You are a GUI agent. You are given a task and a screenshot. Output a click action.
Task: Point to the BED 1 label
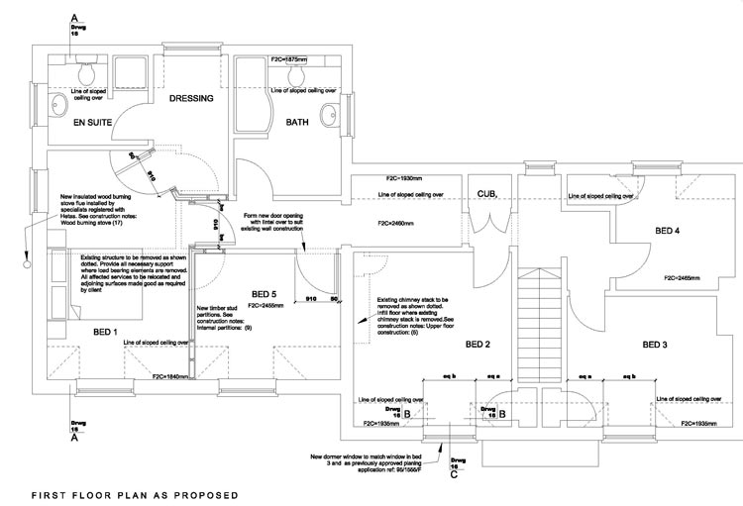coord(106,331)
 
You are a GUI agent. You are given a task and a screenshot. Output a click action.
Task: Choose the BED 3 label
coord(655,345)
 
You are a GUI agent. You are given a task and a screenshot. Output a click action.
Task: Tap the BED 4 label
coord(668,231)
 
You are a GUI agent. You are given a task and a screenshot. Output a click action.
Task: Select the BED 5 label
coord(265,294)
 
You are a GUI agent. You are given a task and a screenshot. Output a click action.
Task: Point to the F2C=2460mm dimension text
coord(395,225)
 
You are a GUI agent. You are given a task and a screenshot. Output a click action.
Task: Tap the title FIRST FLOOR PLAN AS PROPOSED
coord(134,492)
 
